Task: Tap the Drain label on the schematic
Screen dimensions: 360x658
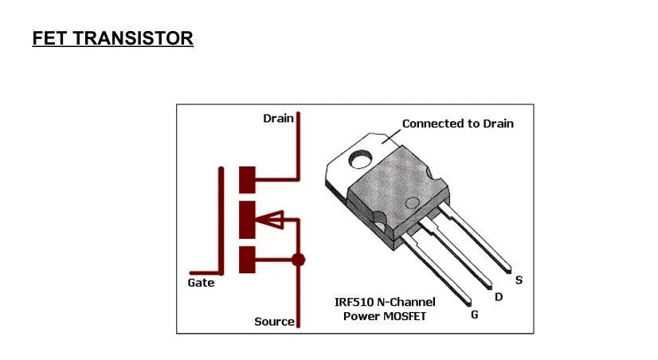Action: coord(278,118)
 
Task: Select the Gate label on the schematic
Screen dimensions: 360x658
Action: coord(201,284)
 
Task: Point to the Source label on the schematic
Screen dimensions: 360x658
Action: coord(274,322)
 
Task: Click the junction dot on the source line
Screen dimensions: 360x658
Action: coord(299,260)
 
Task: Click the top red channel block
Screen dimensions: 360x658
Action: coord(248,179)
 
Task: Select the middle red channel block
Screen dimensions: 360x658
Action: coord(248,221)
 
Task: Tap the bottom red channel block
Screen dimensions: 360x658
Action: coord(248,260)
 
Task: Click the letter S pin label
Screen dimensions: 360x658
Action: coord(519,280)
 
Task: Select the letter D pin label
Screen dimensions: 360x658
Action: coord(499,297)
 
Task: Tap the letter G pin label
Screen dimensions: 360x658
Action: coord(475,315)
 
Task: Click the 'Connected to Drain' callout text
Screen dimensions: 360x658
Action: coord(457,123)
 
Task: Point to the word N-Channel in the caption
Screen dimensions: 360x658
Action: coord(408,302)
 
